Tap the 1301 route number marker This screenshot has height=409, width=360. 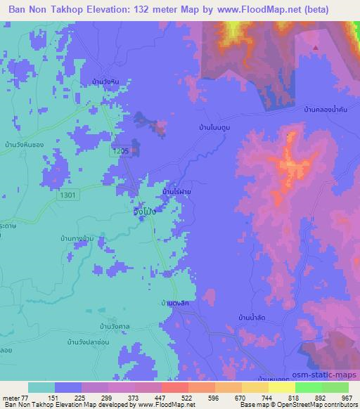[69, 195]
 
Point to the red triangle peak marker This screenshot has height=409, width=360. [316, 48]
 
